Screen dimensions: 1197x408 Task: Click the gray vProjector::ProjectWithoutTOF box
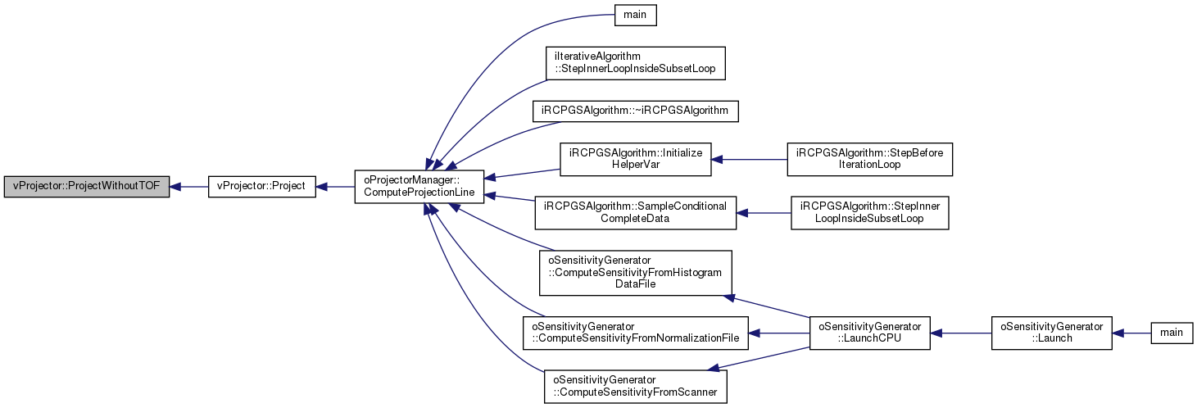87,186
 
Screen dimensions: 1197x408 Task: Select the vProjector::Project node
262,186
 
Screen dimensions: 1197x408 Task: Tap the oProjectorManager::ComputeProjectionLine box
419,186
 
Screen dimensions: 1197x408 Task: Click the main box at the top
636,15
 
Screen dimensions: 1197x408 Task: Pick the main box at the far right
1172,333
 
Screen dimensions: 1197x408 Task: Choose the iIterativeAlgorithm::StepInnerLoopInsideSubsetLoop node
636,63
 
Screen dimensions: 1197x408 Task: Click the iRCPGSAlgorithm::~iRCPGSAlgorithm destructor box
636,111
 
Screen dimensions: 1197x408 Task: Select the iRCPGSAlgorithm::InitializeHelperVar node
636,159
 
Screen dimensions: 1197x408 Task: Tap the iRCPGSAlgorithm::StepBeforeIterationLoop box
870,159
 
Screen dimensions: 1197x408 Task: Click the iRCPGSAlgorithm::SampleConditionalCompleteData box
636,213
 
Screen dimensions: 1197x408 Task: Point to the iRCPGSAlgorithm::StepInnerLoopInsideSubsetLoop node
870,213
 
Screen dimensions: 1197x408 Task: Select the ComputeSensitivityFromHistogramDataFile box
636,273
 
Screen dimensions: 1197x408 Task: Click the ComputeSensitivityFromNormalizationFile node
636,333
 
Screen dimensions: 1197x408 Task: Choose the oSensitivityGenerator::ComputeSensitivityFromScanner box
636,387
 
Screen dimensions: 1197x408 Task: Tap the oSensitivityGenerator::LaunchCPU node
870,333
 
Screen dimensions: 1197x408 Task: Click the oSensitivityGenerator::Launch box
1052,333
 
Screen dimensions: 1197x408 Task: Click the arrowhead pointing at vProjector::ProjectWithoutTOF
175,187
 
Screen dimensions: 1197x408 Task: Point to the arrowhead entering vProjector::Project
321,187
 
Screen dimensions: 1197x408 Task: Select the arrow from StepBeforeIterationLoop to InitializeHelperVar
749,159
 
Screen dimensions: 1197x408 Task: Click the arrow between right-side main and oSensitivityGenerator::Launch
1131,333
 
